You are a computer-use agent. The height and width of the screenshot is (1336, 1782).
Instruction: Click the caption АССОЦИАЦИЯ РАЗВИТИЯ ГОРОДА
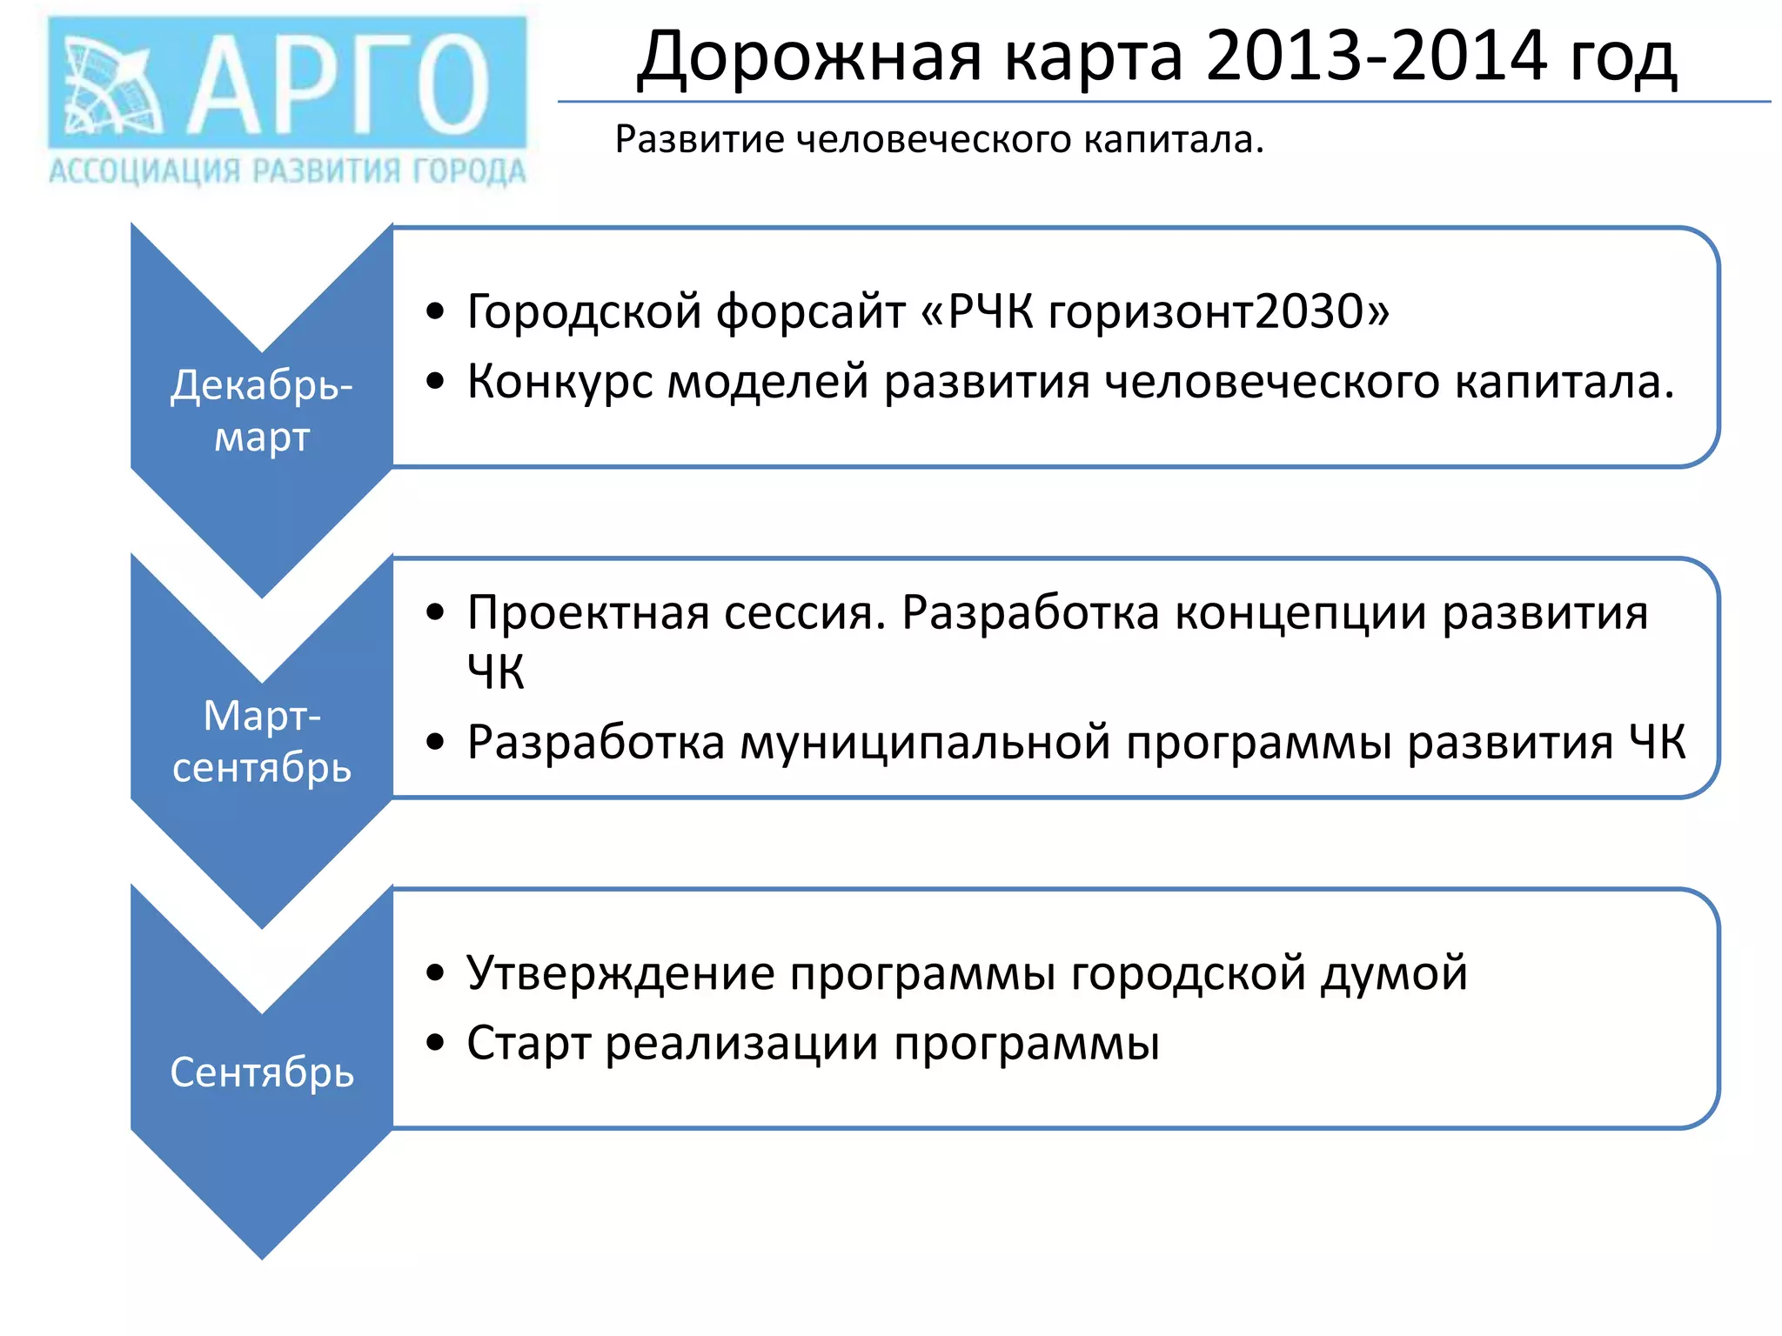click(287, 171)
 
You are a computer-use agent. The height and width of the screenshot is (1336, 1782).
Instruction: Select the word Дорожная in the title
click(810, 57)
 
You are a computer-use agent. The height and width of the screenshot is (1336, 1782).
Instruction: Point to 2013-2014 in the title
click(1377, 57)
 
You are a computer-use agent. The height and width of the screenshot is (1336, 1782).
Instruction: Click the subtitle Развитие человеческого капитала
click(939, 140)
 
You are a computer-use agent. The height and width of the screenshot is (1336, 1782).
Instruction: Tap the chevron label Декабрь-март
click(262, 411)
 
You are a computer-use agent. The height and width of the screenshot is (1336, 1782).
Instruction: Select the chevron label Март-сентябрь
click(262, 742)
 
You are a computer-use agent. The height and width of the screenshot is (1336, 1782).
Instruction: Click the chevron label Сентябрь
click(262, 1072)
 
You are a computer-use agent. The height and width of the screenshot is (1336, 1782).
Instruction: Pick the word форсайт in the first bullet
click(810, 311)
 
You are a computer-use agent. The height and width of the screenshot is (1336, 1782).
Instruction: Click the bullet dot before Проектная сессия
click(435, 612)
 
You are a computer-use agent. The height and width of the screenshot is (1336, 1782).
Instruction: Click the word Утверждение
click(620, 972)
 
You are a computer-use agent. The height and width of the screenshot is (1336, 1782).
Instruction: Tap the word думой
click(1394, 972)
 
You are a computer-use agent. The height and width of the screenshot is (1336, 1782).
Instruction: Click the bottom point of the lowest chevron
click(262, 1256)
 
